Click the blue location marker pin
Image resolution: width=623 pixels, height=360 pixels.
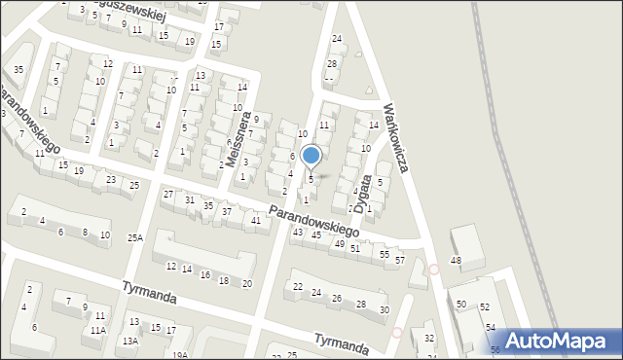click(311, 156)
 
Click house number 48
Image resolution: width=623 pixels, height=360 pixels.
click(456, 260)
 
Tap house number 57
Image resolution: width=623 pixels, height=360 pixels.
click(399, 261)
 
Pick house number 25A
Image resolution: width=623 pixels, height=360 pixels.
click(134, 236)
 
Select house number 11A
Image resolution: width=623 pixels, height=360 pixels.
click(98, 331)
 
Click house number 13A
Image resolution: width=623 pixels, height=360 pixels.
click(129, 341)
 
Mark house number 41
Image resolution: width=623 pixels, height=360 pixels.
click(255, 221)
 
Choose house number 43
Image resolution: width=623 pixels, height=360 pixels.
click(298, 232)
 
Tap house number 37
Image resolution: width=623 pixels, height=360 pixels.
click(227, 211)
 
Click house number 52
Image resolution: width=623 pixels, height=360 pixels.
click(485, 306)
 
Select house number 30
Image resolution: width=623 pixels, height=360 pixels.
click(385, 310)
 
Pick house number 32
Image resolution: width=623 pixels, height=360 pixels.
click(429, 338)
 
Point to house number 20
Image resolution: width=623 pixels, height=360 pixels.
click(247, 283)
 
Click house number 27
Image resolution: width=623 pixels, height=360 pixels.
click(167, 195)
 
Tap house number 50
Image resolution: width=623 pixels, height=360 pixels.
click(461, 306)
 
